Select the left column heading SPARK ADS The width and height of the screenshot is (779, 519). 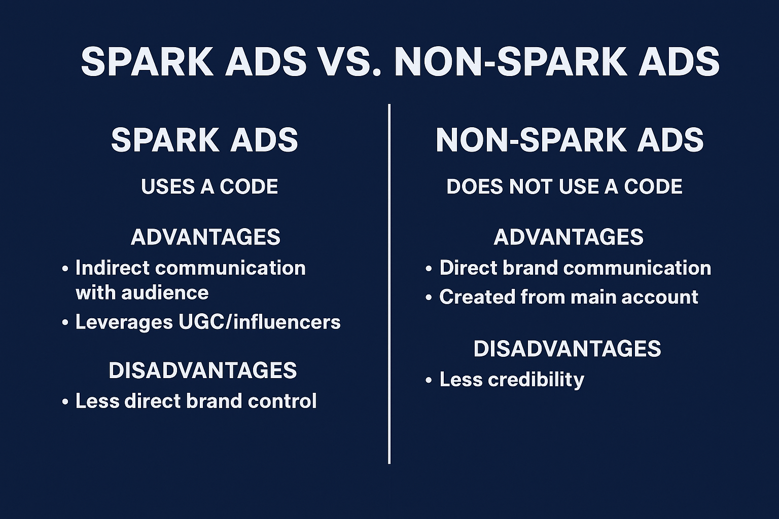(x=204, y=140)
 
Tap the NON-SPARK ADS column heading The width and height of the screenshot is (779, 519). (x=570, y=140)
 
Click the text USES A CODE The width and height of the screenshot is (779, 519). (x=209, y=187)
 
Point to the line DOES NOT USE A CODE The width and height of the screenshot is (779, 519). (x=564, y=187)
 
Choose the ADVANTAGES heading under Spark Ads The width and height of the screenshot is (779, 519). (x=205, y=237)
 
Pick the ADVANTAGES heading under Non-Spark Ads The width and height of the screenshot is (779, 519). (x=569, y=237)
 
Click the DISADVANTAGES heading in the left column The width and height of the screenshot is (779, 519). (x=203, y=370)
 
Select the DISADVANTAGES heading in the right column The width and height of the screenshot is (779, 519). (x=567, y=349)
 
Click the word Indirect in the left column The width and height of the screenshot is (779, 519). (x=112, y=268)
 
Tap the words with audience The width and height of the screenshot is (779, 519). (x=142, y=293)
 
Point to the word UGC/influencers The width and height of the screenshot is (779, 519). (x=260, y=322)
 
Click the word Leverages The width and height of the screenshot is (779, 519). (x=124, y=322)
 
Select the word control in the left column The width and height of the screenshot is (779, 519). (x=282, y=401)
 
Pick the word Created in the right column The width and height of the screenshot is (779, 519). (x=477, y=297)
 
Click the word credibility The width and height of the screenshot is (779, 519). (x=536, y=380)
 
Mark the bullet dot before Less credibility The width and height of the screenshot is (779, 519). (x=429, y=381)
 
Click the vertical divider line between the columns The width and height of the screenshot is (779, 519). (x=389, y=284)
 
